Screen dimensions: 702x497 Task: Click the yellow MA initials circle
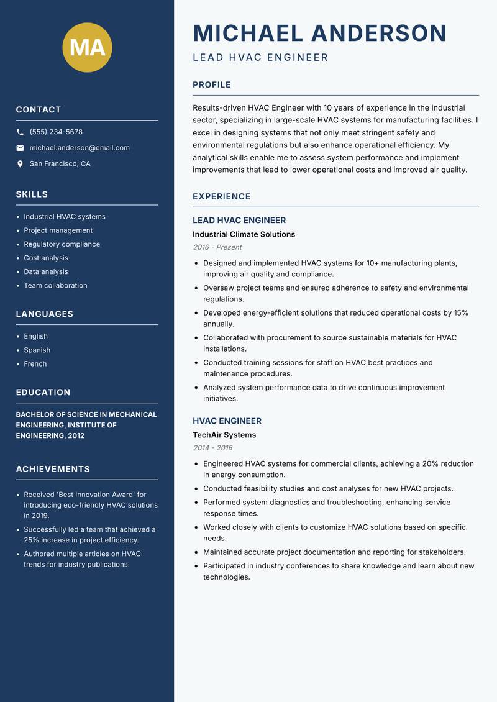tap(87, 47)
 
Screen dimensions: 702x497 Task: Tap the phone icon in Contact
tap(20, 132)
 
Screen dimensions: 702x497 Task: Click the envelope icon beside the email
tap(20, 148)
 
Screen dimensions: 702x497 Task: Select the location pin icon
tap(20, 164)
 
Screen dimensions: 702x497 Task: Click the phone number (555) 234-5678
tap(56, 132)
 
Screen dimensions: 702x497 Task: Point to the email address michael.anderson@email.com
tap(80, 148)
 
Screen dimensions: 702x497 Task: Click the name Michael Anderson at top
tap(320, 33)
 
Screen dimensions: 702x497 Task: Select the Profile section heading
tap(212, 85)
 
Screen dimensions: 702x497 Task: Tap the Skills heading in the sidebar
tap(32, 194)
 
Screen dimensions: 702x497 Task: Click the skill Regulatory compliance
tap(62, 244)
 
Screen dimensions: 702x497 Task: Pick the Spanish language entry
tap(37, 350)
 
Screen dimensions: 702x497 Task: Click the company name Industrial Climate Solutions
tap(244, 234)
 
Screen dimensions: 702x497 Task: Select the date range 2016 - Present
tap(217, 247)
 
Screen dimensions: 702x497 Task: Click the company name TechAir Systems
tap(224, 435)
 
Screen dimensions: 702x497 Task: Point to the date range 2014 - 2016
tap(212, 448)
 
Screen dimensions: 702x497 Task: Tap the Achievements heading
tap(53, 469)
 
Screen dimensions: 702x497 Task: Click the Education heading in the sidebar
tap(43, 393)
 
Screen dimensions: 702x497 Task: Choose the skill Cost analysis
tap(46, 258)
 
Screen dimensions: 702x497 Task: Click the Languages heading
tap(45, 314)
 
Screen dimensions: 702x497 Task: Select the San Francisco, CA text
tap(60, 164)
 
